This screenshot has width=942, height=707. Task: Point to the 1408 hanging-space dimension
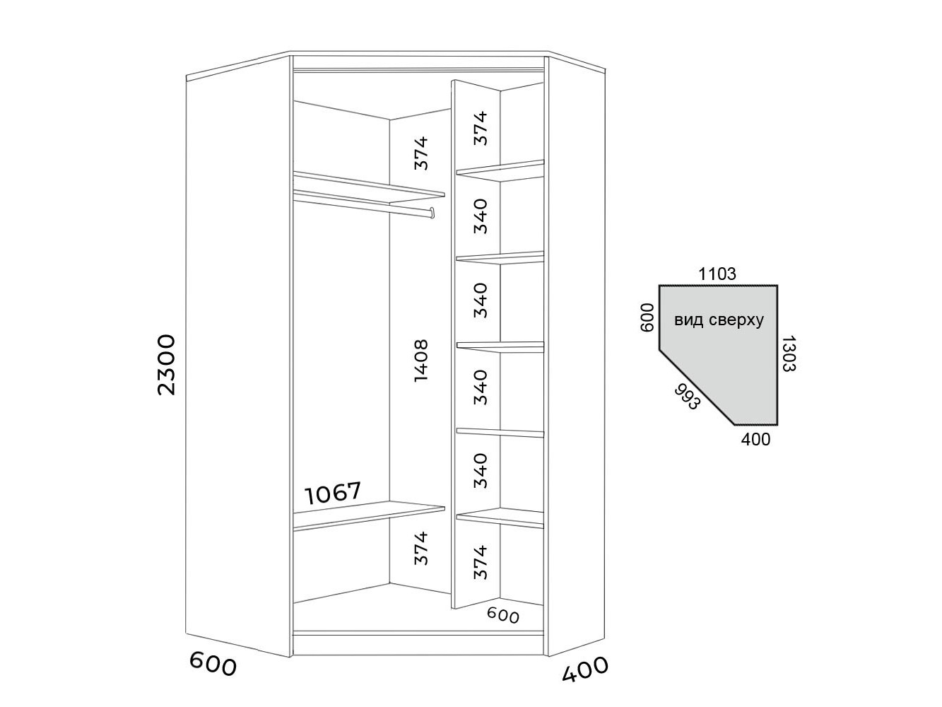(421, 361)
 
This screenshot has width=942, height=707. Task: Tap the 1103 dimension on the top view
(717, 274)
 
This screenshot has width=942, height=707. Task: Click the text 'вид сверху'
(719, 320)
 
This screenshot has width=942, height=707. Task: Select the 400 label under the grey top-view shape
(755, 440)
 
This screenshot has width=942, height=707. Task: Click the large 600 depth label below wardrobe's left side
(213, 664)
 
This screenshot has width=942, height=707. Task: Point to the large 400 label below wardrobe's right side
(585, 669)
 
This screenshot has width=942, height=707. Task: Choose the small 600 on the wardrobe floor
(503, 616)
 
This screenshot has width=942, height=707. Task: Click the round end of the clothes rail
(431, 211)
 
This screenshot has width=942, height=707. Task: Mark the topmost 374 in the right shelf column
(481, 128)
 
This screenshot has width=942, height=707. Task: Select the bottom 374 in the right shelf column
(481, 562)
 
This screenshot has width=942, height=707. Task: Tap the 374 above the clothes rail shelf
(421, 153)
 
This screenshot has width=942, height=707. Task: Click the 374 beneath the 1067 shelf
(421, 548)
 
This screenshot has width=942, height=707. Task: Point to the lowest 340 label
(481, 470)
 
